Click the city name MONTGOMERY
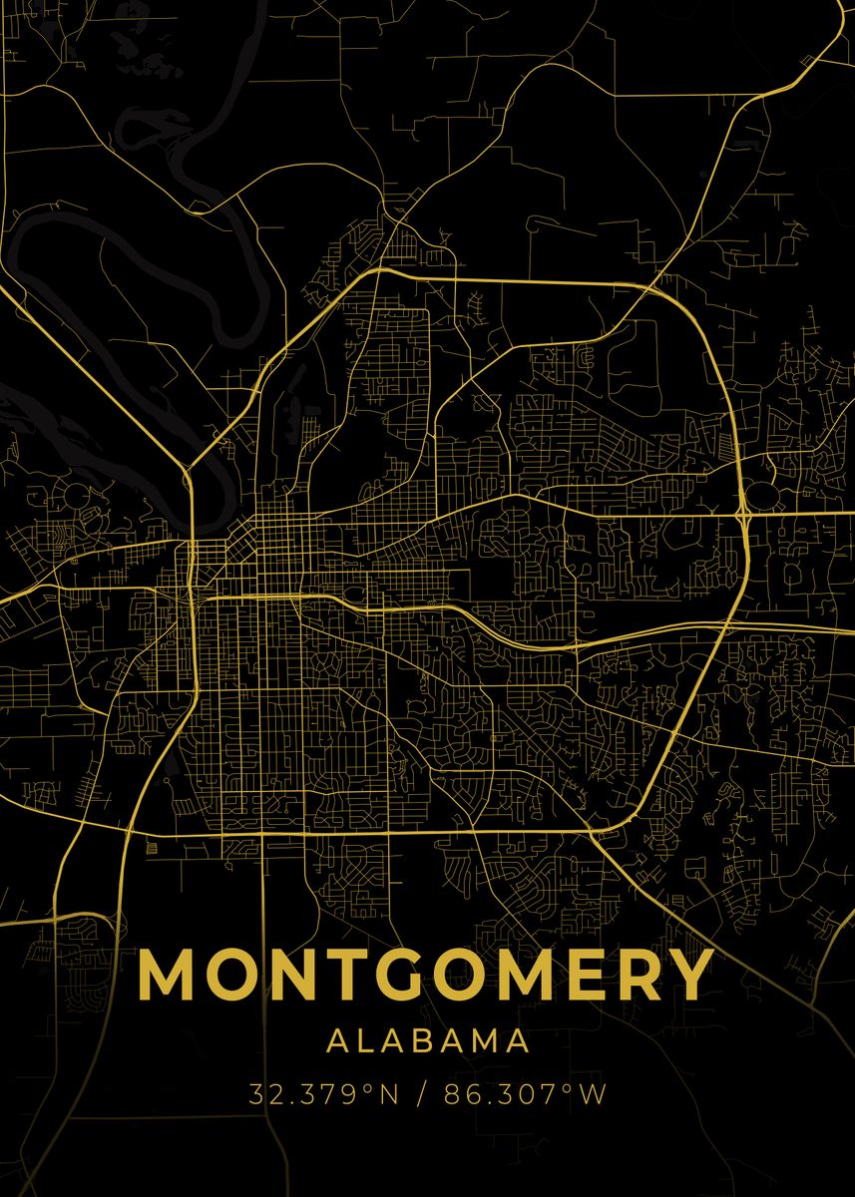click(426, 975)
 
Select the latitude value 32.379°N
click(324, 1094)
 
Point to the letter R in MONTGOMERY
click(636, 975)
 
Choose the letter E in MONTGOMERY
click(584, 975)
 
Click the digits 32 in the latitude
click(261, 1094)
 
